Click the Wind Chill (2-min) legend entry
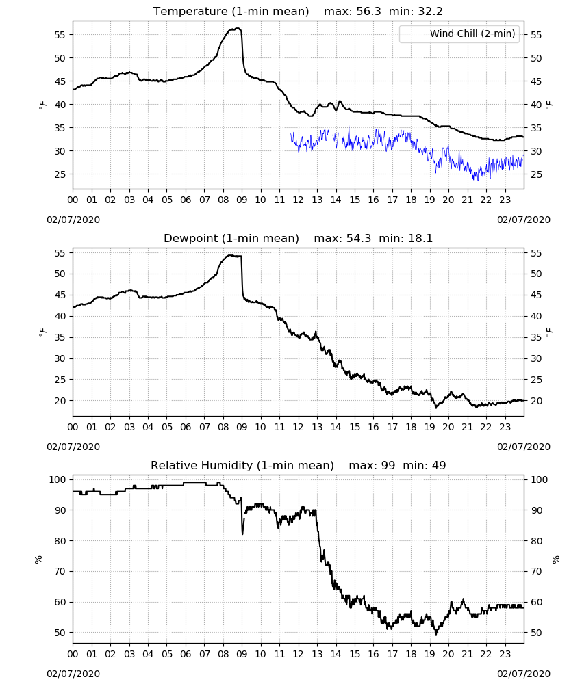pos(459,34)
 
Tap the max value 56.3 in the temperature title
pos(368,12)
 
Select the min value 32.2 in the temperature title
pos(430,12)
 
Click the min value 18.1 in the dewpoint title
pos(420,239)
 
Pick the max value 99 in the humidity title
pos(388,465)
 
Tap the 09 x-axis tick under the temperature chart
pos(242,200)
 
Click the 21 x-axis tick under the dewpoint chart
pos(467,427)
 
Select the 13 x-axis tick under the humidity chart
pos(317,655)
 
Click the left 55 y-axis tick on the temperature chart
pos(60,35)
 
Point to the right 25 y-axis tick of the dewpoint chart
pos(535,380)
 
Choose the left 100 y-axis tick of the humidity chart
pos(58,480)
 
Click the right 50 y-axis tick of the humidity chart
pos(535,633)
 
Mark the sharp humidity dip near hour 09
pos(242,533)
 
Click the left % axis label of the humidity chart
pos(38,560)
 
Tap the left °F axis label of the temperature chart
pos(42,105)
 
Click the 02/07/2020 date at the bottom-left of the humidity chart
pos(73,674)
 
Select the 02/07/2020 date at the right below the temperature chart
pos(524,220)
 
